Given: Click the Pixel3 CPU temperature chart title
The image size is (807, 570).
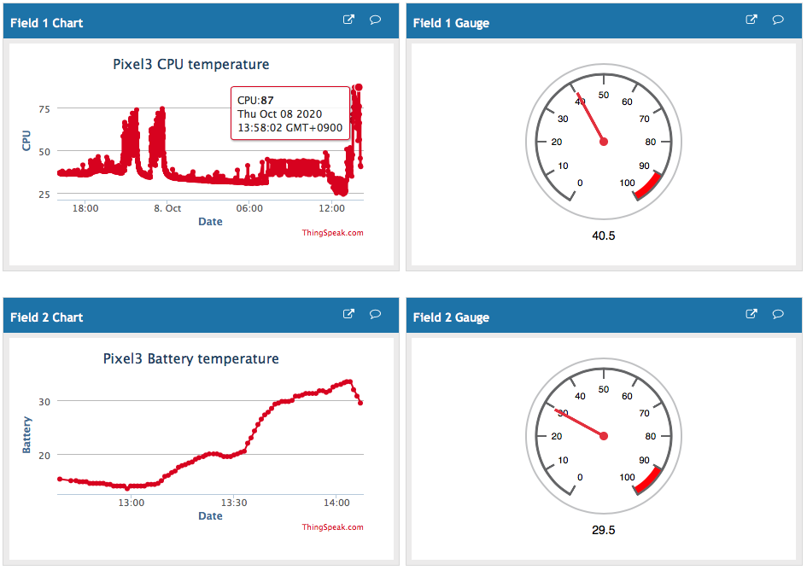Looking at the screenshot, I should (191, 64).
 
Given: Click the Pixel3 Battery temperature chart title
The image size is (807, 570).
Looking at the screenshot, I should (191, 358).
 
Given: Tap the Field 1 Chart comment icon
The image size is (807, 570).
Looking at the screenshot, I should (375, 20).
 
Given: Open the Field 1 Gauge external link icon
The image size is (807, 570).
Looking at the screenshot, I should (751, 20).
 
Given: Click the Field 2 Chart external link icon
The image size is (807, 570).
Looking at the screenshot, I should (348, 315).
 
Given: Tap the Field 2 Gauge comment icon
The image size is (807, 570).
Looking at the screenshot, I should (778, 315).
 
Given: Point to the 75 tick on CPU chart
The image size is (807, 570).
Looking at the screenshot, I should (44, 108).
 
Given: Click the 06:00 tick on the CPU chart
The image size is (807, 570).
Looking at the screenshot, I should (249, 208).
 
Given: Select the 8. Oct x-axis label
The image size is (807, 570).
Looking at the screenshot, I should (167, 208).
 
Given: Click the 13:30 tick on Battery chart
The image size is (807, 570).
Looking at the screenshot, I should (234, 503).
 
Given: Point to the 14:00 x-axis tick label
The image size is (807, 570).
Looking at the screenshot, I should (336, 503).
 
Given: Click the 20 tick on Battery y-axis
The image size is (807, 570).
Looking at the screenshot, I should (44, 455).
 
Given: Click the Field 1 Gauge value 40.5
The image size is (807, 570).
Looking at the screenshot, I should (603, 236).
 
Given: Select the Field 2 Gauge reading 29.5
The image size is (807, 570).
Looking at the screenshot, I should (603, 530).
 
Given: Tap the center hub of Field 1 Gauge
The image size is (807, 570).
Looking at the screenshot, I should (604, 142).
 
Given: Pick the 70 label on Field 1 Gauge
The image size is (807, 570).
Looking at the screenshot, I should (644, 119).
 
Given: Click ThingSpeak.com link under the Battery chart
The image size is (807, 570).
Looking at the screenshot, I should (332, 526).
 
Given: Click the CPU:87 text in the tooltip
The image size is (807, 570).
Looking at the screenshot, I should (255, 100).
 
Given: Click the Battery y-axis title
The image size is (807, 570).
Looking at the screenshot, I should (26, 434).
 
